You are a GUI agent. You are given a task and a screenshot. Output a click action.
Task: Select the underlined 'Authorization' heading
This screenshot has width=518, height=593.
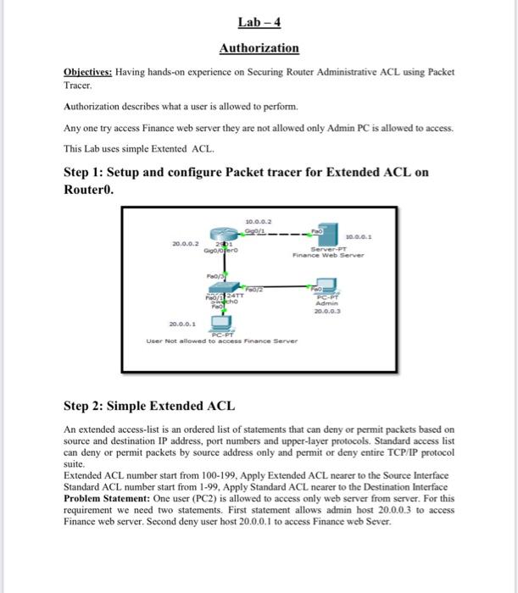[x=259, y=48]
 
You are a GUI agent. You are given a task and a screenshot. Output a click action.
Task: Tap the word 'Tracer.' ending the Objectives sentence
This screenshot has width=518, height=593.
[x=79, y=85]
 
